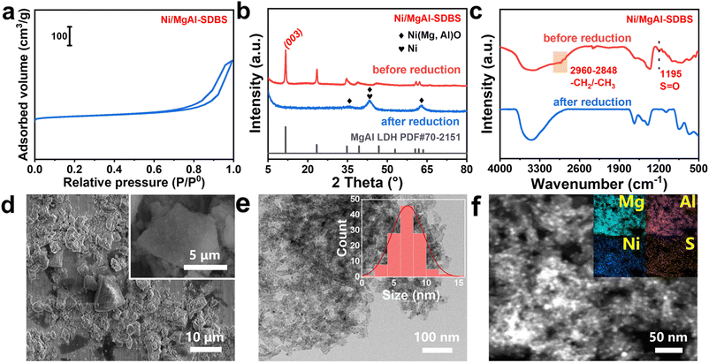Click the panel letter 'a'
tap(9, 11)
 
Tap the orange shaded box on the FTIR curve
tap(559, 62)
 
